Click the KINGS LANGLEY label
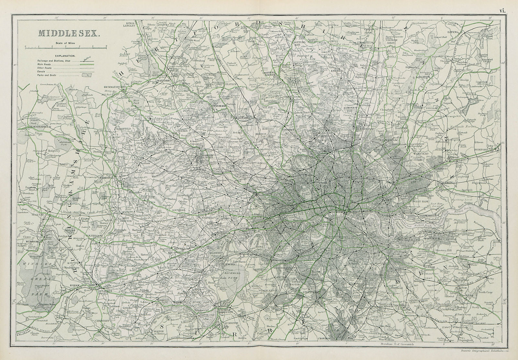[x=130, y=25]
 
